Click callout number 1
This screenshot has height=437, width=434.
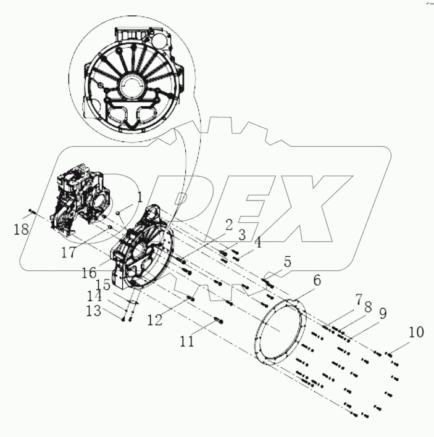pyautogui.click(x=140, y=198)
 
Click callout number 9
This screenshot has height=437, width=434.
pyautogui.click(x=382, y=314)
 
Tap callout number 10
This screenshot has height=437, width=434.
pyautogui.click(x=415, y=332)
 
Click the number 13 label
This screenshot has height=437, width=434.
pyautogui.click(x=93, y=311)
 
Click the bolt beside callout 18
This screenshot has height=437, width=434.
pyautogui.click(x=33, y=214)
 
